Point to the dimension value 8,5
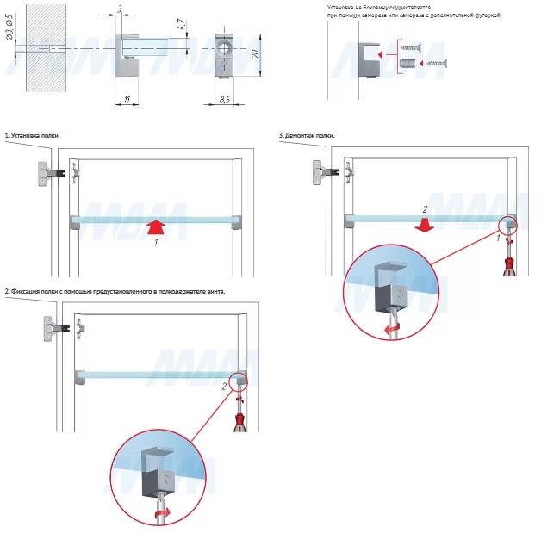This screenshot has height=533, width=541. [x=224, y=100]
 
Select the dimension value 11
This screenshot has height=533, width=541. [x=127, y=100]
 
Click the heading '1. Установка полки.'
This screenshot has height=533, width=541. [x=37, y=136]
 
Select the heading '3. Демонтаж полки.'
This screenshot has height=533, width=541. [x=307, y=136]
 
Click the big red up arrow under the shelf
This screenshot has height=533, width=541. [x=155, y=228]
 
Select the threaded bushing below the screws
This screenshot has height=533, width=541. [x=408, y=63]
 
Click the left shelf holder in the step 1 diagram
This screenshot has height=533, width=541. [x=75, y=222]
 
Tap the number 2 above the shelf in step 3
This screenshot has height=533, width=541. [x=423, y=208]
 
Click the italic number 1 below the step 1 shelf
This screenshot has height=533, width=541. [x=154, y=244]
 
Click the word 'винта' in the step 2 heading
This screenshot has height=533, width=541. [x=214, y=292]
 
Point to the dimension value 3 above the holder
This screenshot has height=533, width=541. [x=119, y=9]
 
